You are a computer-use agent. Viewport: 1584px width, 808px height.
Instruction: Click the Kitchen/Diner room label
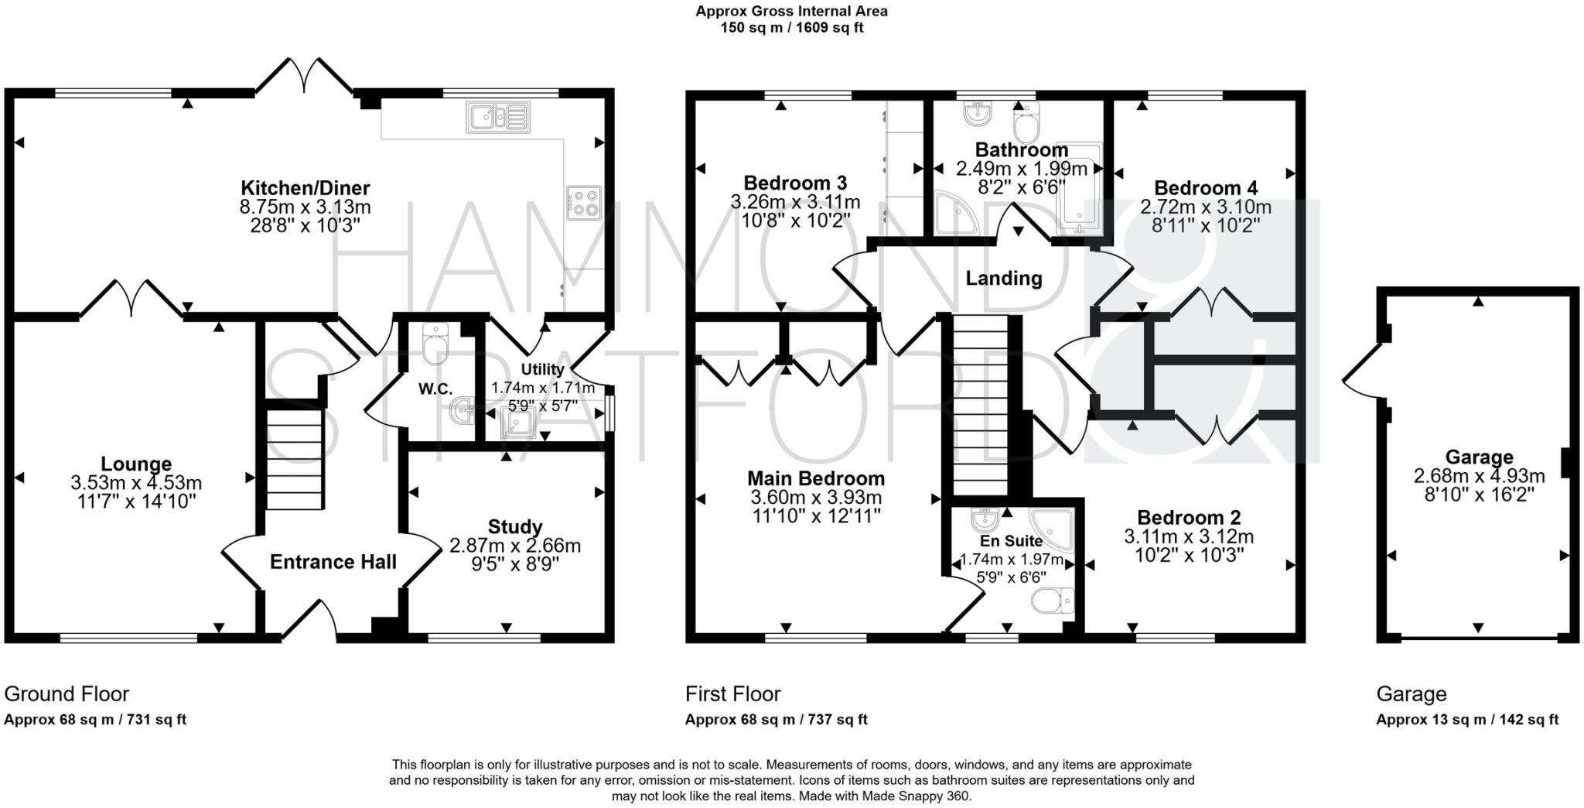pos(305,188)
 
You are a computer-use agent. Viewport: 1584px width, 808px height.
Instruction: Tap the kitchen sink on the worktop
pos(498,117)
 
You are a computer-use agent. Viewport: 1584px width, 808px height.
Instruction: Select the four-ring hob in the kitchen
pos(584,203)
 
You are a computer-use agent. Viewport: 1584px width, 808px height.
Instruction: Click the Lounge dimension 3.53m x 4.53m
pos(136,483)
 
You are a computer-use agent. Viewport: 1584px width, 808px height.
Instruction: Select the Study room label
pos(515,527)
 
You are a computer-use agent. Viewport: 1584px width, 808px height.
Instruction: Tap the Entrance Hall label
pos(333,562)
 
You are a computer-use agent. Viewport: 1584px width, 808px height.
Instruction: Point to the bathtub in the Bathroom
pos(1078,190)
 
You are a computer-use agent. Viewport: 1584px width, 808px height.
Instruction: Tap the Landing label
pos(1003,278)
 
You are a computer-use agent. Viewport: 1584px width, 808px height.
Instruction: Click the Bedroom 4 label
pos(1205,188)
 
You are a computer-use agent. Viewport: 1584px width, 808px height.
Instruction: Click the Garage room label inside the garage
pos(1478,457)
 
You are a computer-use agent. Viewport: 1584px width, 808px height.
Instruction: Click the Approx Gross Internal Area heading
pos(791,12)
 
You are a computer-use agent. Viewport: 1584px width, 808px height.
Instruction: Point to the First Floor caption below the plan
pos(732,693)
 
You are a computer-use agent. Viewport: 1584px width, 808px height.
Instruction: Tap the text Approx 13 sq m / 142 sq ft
pos(1466,720)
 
